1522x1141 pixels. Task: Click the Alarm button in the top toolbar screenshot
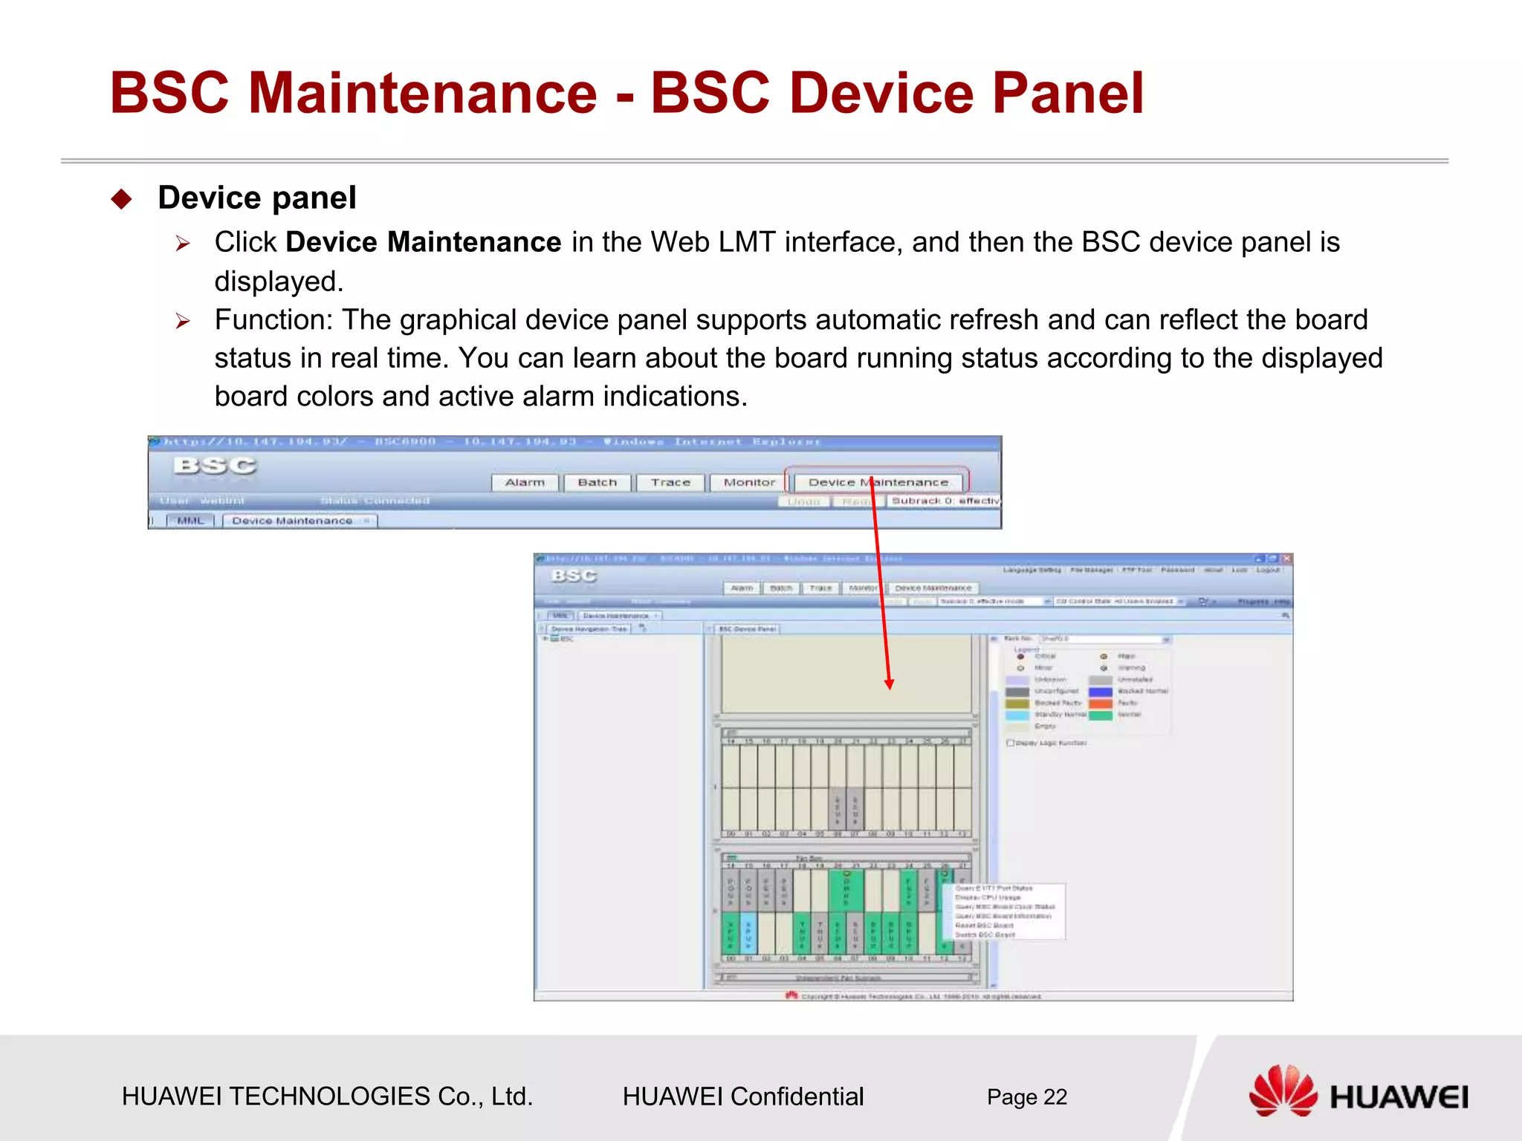[525, 483]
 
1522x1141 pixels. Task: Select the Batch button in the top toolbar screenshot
[597, 483]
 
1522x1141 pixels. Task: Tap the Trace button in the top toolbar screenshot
[670, 483]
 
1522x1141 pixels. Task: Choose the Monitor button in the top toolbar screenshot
[749, 483]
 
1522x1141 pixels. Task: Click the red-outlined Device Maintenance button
[878, 482]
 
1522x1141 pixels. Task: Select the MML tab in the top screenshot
[190, 521]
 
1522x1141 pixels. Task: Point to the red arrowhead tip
[889, 687]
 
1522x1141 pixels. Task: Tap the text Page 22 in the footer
[1026, 1097]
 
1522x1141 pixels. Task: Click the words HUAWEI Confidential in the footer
[742, 1096]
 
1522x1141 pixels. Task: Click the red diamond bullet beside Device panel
[121, 199]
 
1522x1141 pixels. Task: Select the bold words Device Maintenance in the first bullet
[423, 243]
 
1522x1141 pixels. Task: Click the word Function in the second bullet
[273, 320]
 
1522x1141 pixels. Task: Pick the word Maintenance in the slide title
[422, 94]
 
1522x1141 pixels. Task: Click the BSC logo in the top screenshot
[215, 466]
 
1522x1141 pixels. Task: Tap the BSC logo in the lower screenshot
[574, 576]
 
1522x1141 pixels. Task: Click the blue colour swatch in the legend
[1101, 692]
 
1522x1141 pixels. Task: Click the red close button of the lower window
[1286, 559]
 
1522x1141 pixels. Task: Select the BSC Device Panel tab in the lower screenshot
[747, 629]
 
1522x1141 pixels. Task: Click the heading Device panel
[257, 198]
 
